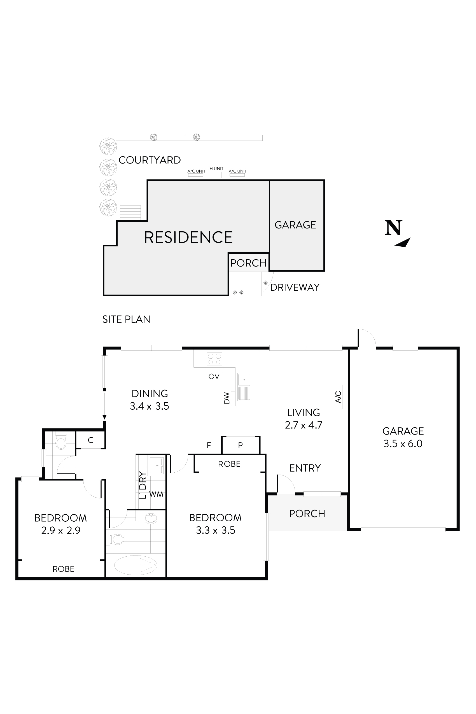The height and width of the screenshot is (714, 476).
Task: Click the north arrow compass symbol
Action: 397,233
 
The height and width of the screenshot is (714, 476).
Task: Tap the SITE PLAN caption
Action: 126,319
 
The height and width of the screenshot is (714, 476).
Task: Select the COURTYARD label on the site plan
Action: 150,160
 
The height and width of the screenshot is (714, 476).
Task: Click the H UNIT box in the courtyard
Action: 216,175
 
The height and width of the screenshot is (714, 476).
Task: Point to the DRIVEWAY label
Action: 295,287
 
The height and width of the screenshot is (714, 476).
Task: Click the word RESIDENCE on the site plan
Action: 188,237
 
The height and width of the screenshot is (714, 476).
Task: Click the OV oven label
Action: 214,376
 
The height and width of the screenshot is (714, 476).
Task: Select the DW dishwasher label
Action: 227,398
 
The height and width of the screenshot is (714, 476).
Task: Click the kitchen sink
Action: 244,387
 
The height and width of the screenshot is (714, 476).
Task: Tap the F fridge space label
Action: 209,445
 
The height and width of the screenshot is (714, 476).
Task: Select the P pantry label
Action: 241,445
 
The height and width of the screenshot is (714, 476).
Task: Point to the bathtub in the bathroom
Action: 136,565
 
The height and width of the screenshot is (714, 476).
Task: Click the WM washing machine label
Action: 156,494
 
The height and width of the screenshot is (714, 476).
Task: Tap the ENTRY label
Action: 305,468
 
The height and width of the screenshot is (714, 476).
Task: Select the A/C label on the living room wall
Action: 338,397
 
